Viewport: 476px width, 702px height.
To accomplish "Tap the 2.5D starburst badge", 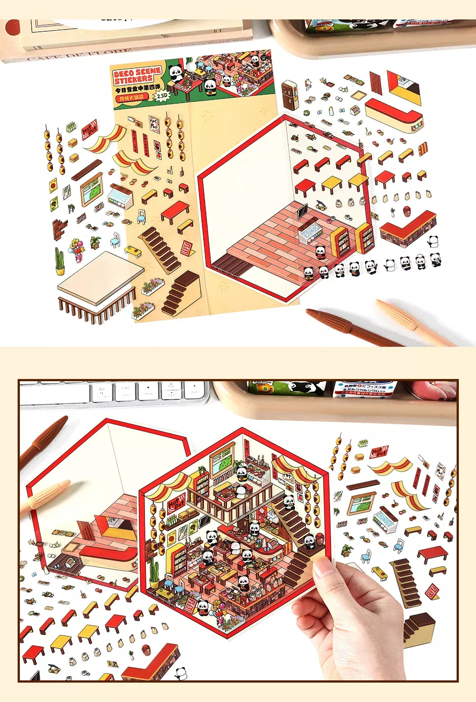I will (162, 95).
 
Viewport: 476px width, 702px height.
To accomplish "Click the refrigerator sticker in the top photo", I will (290, 95).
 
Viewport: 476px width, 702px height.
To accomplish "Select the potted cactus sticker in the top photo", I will (59, 261).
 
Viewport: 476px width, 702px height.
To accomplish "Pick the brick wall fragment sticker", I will (60, 228).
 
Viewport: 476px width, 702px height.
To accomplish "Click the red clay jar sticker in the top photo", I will (406, 211).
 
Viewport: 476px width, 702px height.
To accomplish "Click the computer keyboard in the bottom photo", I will (115, 392).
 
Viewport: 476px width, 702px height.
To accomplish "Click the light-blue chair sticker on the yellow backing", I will (141, 217).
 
